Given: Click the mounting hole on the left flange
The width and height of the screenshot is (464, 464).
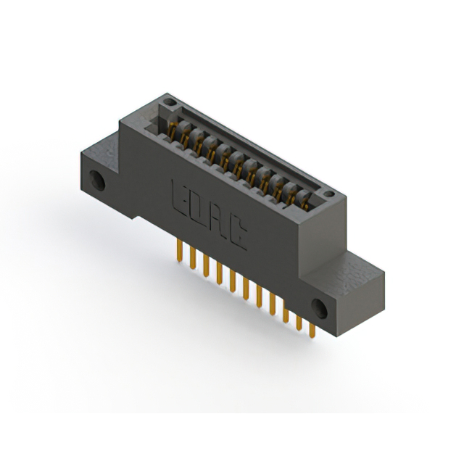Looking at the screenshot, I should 95,178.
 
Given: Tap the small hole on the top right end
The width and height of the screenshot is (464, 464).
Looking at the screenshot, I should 329,194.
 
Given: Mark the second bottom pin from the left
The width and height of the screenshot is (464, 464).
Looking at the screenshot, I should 191,258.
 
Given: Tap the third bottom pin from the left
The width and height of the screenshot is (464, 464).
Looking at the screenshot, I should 205,266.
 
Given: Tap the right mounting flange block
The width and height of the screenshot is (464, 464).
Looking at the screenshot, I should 341,290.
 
